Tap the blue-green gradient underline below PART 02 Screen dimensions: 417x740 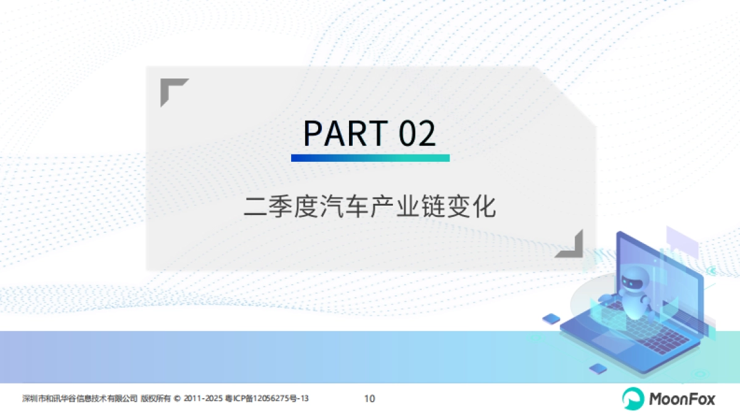tap(370, 158)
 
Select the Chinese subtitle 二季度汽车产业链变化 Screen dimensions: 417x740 tap(370, 207)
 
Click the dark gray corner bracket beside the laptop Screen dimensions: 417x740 tap(570, 244)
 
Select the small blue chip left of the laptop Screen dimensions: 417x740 tap(551, 319)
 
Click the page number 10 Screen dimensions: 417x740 tap(370, 398)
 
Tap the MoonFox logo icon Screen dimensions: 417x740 tap(632, 398)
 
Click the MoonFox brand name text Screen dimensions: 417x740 tap(682, 399)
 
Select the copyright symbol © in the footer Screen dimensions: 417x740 tap(178, 398)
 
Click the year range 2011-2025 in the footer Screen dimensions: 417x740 tap(203, 398)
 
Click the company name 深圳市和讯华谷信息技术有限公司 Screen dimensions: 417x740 tap(79, 398)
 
